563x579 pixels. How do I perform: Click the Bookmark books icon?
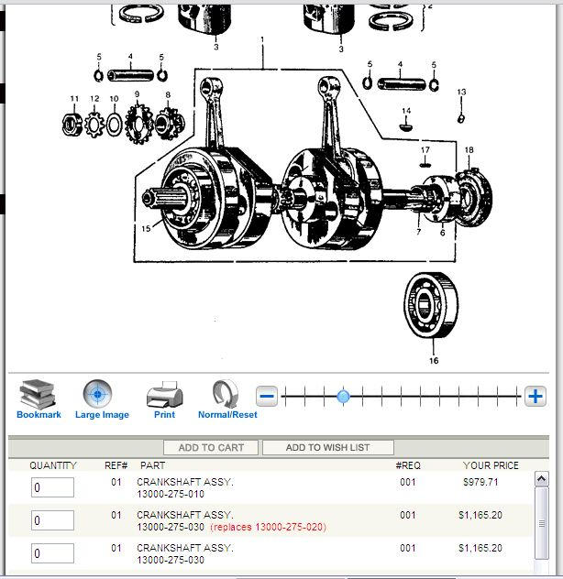[39, 395]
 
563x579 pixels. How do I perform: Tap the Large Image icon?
[97, 394]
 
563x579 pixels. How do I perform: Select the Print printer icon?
[164, 395]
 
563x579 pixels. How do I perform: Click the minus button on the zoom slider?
[267, 397]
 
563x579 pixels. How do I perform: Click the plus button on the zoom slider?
[535, 397]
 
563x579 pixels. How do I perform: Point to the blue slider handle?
[343, 397]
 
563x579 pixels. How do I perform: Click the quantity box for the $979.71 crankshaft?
[52, 487]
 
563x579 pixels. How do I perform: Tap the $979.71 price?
[480, 482]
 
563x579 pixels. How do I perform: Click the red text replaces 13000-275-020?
[268, 527]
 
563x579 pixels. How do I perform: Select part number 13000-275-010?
[171, 494]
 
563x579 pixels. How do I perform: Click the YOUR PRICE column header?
[491, 465]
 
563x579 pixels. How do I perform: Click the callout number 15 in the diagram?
[146, 228]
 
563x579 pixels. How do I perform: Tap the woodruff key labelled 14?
[406, 126]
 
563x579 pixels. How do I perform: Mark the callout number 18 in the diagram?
[469, 150]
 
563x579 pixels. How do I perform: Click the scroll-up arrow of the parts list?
[542, 478]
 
